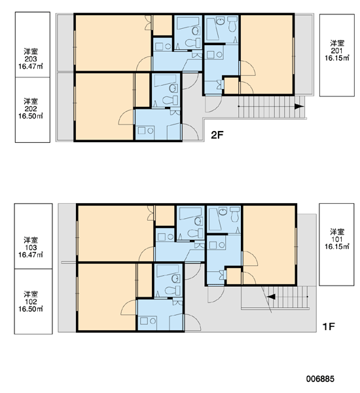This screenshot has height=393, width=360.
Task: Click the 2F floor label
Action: click(x=217, y=135)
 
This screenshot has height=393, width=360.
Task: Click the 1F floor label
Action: click(x=329, y=327)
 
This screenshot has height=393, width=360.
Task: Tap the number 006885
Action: click(x=320, y=379)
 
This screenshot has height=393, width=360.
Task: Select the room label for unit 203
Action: click(x=31, y=59)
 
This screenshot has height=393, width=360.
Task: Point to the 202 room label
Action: click(x=31, y=109)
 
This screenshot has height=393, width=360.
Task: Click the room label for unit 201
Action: click(x=337, y=50)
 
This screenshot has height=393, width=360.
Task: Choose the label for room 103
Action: click(x=31, y=248)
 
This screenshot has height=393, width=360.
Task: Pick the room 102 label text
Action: click(x=31, y=301)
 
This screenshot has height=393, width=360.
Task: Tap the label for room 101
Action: click(x=337, y=239)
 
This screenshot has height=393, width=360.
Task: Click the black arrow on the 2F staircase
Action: click(x=299, y=106)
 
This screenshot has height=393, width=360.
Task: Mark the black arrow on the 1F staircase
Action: click(x=271, y=297)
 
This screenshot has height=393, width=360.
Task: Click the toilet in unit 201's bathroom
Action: click(x=233, y=24)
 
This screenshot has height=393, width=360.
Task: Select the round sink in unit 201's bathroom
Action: click(x=221, y=22)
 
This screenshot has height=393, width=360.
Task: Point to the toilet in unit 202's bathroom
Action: click(x=171, y=100)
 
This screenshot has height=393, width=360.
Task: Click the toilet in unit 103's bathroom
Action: click(x=196, y=233)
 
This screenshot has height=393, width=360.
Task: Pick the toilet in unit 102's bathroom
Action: click(x=173, y=291)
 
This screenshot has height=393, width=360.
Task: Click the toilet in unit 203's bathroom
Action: click(x=193, y=43)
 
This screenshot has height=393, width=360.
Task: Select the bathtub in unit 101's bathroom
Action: click(x=215, y=219)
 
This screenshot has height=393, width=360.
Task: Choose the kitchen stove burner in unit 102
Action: click(x=153, y=321)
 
